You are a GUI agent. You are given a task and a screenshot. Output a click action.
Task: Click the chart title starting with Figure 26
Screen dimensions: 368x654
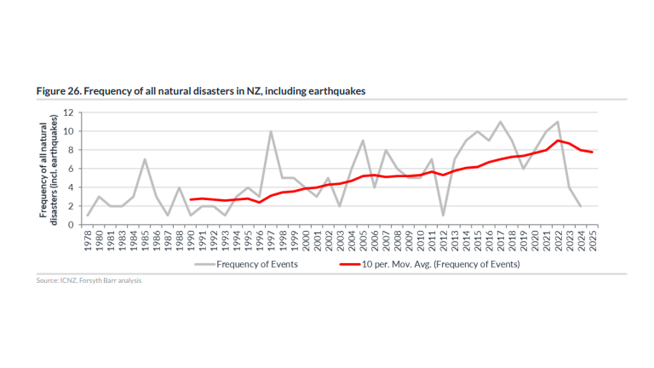click(x=201, y=91)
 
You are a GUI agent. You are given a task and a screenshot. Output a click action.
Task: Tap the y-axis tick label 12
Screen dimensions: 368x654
click(x=68, y=112)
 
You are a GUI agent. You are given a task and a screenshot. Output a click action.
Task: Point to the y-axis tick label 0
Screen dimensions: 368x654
click(x=71, y=225)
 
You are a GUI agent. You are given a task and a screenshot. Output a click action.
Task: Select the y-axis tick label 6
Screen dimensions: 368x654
click(x=71, y=169)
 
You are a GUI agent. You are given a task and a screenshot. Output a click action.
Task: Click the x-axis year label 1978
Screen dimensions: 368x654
click(x=88, y=241)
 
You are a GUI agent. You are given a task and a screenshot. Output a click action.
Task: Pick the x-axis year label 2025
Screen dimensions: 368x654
click(x=593, y=241)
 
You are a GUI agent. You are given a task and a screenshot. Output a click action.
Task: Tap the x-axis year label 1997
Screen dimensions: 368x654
click(x=271, y=241)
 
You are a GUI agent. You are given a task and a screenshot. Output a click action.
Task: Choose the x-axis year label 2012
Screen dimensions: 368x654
click(x=443, y=241)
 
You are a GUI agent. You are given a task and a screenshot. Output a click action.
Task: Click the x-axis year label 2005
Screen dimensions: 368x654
click(x=363, y=241)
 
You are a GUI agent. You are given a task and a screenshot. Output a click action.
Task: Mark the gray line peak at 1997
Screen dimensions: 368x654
click(x=271, y=131)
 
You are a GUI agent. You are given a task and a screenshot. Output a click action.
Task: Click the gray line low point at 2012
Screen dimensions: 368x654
click(x=443, y=215)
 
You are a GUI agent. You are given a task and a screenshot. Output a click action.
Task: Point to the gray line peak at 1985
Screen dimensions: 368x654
click(x=145, y=159)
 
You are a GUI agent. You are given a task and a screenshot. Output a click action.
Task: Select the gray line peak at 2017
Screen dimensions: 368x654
click(x=500, y=122)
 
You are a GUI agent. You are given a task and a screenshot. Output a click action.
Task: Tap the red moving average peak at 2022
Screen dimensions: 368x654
click(x=558, y=140)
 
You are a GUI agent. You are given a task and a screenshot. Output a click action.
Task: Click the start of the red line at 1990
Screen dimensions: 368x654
click(x=191, y=200)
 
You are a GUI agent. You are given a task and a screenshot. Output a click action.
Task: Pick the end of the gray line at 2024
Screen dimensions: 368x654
click(x=581, y=206)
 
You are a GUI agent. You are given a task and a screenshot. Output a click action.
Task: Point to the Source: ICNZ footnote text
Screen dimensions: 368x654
click(x=89, y=280)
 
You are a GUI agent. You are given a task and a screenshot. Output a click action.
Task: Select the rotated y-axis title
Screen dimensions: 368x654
click(x=48, y=170)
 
